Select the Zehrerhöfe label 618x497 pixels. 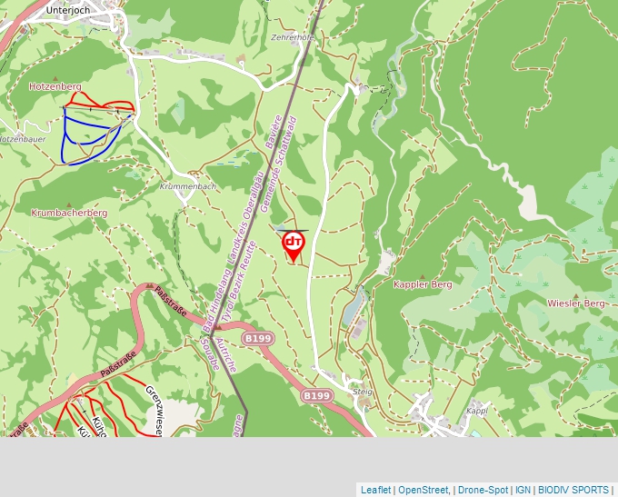click(293, 37)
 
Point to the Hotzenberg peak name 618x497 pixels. click(55, 86)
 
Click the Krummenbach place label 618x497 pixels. click(187, 186)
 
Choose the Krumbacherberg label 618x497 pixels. click(69, 213)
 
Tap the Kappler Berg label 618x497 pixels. click(422, 284)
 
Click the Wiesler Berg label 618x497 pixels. click(575, 303)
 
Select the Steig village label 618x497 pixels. click(363, 392)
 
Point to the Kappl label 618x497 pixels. click(477, 411)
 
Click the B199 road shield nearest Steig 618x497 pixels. click(316, 396)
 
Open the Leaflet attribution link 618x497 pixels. click(375, 490)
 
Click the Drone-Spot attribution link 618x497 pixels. click(483, 490)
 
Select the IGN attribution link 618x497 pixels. click(523, 490)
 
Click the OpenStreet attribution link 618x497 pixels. click(424, 490)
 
